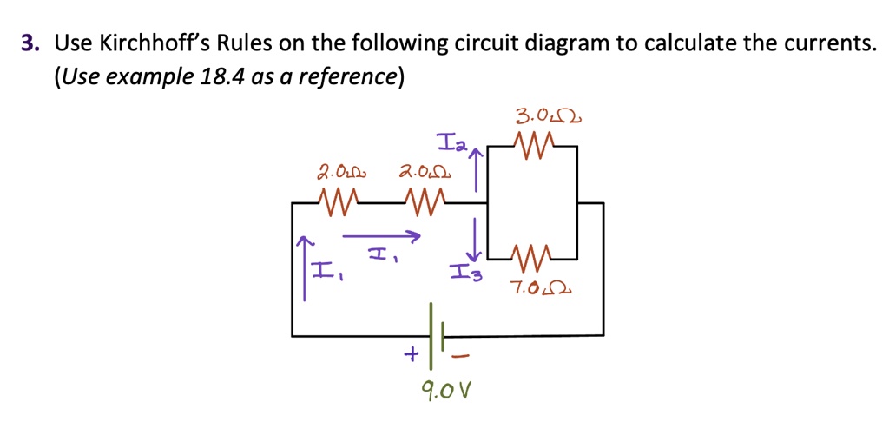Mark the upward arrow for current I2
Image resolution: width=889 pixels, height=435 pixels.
[x=475, y=171]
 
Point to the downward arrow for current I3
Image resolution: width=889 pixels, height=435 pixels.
[x=475, y=234]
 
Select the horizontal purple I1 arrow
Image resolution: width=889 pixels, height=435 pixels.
[x=381, y=234]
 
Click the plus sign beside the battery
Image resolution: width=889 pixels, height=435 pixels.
[x=410, y=353]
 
